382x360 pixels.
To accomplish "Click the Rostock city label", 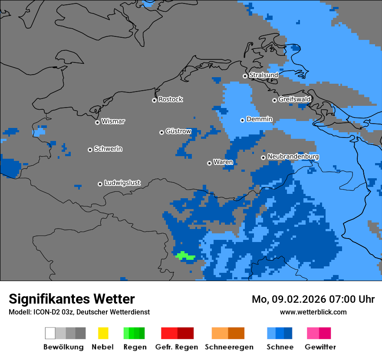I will pyautogui.click(x=170, y=99).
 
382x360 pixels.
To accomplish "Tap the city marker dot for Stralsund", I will pyautogui.click(x=245, y=76).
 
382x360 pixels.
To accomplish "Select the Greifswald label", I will pyautogui.click(x=294, y=99).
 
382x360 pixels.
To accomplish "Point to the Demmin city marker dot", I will pyautogui.click(x=243, y=120).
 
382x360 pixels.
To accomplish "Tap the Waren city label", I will pyautogui.click(x=223, y=162).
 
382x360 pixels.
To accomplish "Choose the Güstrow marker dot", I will pyautogui.click(x=161, y=132).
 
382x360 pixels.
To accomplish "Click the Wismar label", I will pyautogui.click(x=113, y=121).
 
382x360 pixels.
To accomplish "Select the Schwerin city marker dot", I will pyautogui.click(x=90, y=150).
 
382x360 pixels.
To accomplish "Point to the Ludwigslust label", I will pyautogui.click(x=122, y=183).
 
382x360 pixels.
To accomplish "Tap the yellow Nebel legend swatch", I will pyautogui.click(x=103, y=333).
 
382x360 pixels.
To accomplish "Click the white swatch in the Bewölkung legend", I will pyautogui.click(x=50, y=333).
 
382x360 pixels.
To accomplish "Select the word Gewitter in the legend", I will pyautogui.click(x=320, y=347).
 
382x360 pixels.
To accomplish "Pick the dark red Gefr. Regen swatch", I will pyautogui.click(x=186, y=333).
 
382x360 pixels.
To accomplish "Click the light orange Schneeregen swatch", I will pyautogui.click(x=220, y=333).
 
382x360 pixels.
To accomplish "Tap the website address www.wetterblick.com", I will pyautogui.click(x=313, y=312).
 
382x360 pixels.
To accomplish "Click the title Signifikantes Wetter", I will pyautogui.click(x=72, y=299).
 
